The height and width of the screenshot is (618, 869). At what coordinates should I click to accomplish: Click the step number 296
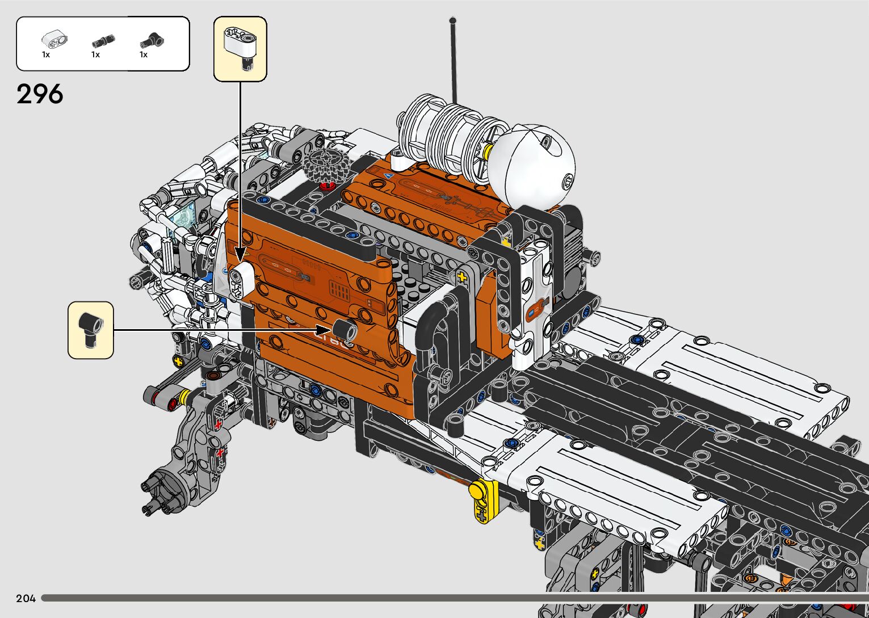[x=40, y=94]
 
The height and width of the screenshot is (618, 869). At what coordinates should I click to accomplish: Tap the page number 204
[x=26, y=598]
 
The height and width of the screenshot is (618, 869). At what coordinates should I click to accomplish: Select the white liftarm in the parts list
[x=54, y=39]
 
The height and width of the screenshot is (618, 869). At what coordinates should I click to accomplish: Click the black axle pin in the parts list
[x=103, y=40]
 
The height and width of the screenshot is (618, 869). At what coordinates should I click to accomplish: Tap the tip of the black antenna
[x=452, y=20]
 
